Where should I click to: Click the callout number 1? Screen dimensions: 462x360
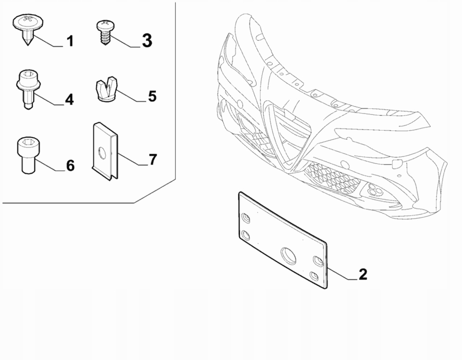point(70,41)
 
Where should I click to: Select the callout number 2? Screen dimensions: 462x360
point(363,274)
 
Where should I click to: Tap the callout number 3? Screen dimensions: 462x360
point(147,40)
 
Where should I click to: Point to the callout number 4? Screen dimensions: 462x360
point(69,99)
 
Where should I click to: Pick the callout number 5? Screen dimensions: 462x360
point(152,96)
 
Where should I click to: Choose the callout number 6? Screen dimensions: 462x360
point(70,165)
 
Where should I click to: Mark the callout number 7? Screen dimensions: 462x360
point(153,159)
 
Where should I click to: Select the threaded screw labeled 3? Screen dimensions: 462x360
point(105,32)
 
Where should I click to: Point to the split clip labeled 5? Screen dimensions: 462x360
point(107,89)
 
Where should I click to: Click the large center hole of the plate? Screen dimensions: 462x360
point(289,255)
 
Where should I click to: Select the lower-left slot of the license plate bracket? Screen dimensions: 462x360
point(245,235)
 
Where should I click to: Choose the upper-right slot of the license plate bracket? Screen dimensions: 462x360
point(318,261)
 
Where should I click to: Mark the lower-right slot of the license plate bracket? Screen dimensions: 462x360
point(314,276)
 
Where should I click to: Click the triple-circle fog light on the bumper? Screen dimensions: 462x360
point(375,189)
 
